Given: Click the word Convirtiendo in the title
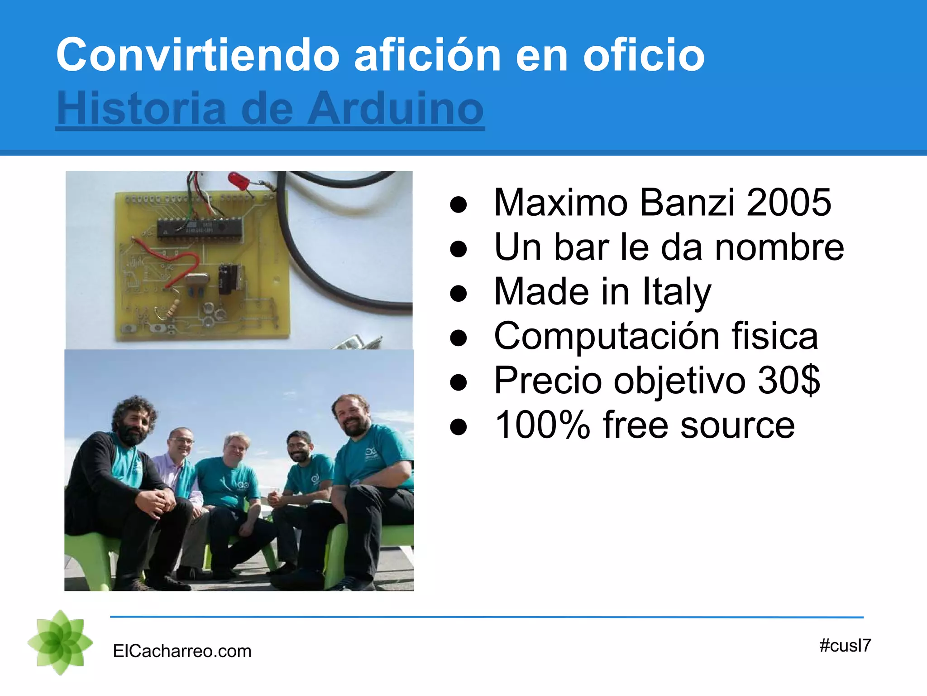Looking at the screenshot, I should [197, 55].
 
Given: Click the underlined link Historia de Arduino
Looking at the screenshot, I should [270, 109].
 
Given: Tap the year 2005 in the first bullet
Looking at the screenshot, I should [788, 202].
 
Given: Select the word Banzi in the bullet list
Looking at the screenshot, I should [687, 202].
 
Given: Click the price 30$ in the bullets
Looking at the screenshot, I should [788, 380].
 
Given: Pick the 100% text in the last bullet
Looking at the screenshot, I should [542, 425].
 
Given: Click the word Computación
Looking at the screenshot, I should [607, 336].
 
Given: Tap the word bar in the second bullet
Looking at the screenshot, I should [581, 247].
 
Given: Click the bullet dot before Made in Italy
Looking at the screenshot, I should [459, 293].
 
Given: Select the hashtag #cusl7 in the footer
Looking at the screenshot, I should [845, 645].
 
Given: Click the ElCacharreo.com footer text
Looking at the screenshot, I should [182, 651].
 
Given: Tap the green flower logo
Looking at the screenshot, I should [60, 643].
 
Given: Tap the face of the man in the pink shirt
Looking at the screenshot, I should [181, 442].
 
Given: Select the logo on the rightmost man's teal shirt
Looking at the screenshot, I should [370, 453].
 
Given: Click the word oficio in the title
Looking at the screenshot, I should [644, 55].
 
